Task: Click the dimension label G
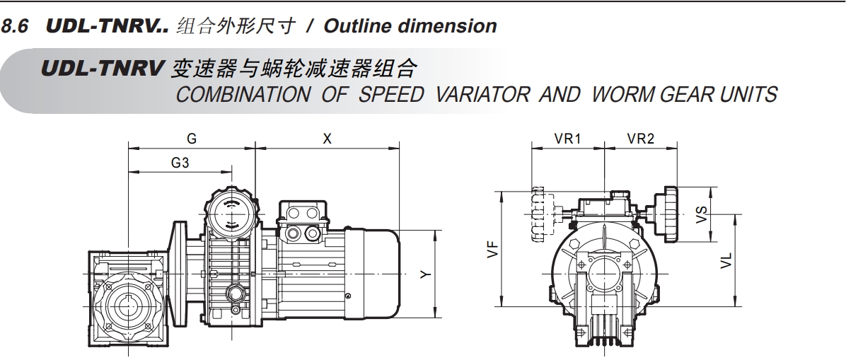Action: (x=192, y=139)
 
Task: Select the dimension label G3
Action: (x=180, y=163)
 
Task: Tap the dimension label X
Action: (x=327, y=139)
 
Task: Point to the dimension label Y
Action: (x=427, y=274)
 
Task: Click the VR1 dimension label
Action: (x=567, y=139)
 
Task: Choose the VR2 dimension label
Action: (x=640, y=139)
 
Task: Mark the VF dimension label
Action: (x=492, y=250)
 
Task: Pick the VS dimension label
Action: (x=701, y=214)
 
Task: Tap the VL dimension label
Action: (x=726, y=260)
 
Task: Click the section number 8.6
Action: (x=15, y=26)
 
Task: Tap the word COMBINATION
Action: (x=243, y=95)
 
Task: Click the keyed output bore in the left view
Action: (x=128, y=306)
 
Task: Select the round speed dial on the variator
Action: (x=231, y=214)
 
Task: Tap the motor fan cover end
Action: (x=381, y=274)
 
